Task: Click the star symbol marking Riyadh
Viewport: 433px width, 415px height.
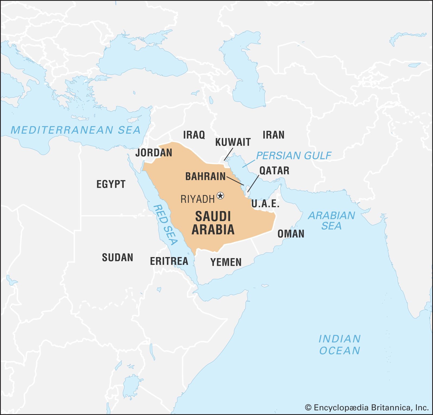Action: (221, 195)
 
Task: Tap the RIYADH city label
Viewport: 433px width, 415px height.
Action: (197, 199)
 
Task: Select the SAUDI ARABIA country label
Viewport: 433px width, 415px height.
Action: (213, 223)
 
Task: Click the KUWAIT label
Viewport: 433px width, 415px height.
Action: (233, 142)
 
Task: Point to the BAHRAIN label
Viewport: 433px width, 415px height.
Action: (205, 176)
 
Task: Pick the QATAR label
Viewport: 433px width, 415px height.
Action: (274, 171)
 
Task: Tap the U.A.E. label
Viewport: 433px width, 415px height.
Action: (265, 204)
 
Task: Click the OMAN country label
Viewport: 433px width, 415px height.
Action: (291, 234)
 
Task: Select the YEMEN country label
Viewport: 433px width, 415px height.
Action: (226, 262)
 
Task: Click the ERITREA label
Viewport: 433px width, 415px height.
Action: (169, 261)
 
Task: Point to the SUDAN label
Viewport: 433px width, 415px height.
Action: (117, 257)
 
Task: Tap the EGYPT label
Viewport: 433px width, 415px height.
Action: (111, 184)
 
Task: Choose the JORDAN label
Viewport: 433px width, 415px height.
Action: (154, 153)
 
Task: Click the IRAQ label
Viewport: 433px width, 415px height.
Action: (194, 135)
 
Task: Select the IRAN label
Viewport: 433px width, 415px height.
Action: (273, 135)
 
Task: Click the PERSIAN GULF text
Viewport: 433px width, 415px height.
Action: (293, 156)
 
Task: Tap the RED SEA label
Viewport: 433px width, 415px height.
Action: (165, 225)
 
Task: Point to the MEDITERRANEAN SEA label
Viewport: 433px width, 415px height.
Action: (76, 130)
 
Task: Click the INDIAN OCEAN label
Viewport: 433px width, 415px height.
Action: (339, 345)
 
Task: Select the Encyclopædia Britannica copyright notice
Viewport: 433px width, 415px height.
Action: (367, 407)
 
